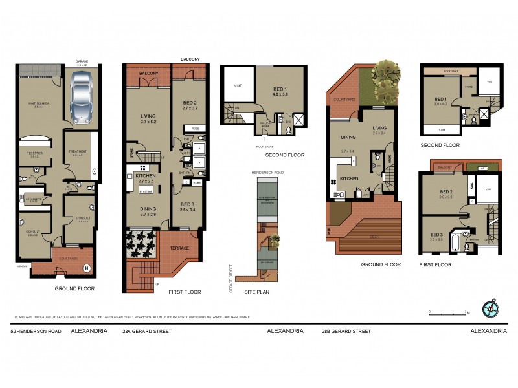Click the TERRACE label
pyautogui.click(x=179, y=248)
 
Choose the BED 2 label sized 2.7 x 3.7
pyautogui.click(x=189, y=105)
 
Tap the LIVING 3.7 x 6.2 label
pyautogui.click(x=149, y=119)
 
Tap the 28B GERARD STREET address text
pyautogui.click(x=346, y=331)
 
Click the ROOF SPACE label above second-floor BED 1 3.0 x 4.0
pyautogui.click(x=451, y=70)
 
